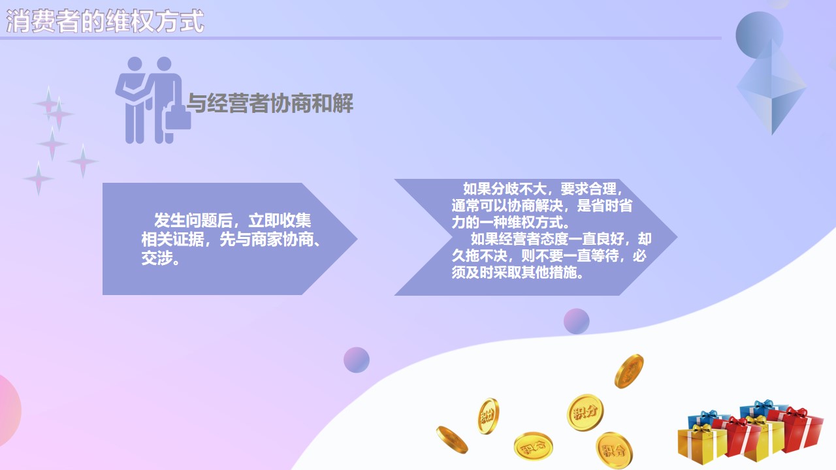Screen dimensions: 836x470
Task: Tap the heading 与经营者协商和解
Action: click(x=270, y=103)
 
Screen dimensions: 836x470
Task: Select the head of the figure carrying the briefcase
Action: click(x=164, y=64)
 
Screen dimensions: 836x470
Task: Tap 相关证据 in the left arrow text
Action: click(x=172, y=239)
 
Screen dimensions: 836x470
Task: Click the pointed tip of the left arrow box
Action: click(x=357, y=239)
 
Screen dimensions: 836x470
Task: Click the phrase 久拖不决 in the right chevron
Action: click(x=479, y=256)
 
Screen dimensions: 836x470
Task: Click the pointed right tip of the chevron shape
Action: click(x=677, y=237)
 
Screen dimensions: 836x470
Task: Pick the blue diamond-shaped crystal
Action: click(x=771, y=87)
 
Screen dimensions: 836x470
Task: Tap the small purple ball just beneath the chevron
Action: click(x=576, y=321)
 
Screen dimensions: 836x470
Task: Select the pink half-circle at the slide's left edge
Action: click(x=9, y=411)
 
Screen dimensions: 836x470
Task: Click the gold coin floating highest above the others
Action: click(x=629, y=371)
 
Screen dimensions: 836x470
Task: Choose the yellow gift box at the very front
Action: click(x=701, y=445)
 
